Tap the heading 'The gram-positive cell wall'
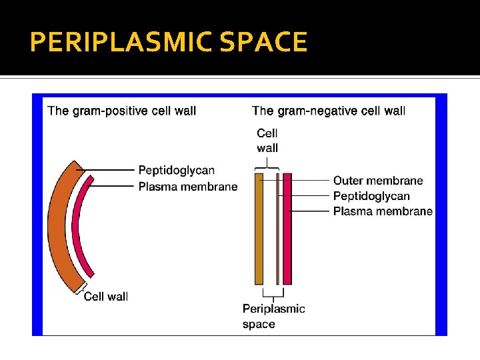122,111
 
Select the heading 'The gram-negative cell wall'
329,111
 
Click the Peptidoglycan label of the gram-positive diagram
177,171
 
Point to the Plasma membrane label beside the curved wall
188,187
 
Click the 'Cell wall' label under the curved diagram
106,297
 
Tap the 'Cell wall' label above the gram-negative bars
267,141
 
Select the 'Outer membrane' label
378,181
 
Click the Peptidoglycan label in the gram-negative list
371,196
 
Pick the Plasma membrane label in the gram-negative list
383,211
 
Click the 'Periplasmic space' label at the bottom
273,316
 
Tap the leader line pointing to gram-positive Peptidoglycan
110,171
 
